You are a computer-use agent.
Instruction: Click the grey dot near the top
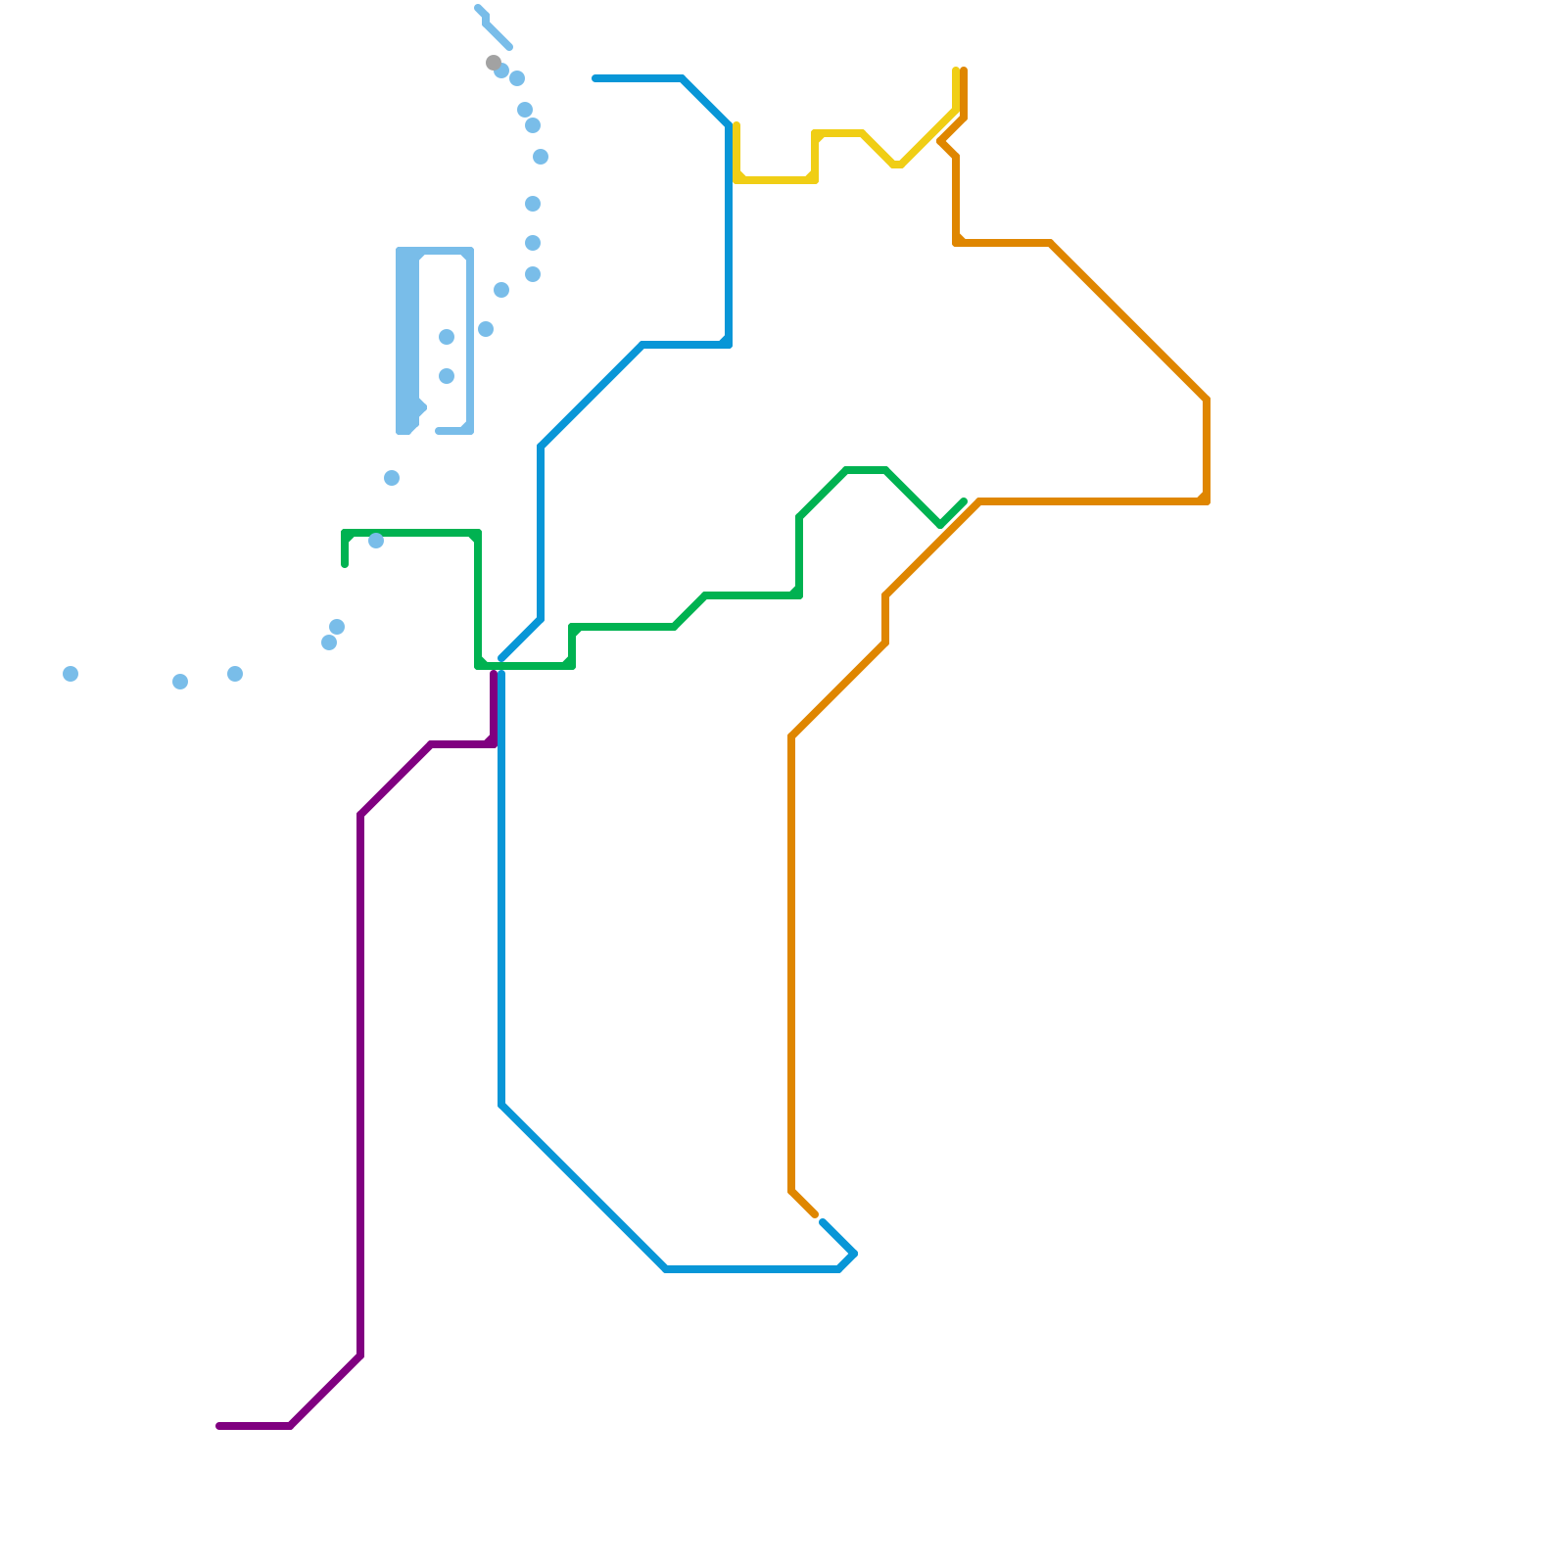(x=493, y=63)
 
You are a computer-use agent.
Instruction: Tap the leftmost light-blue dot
(x=71, y=674)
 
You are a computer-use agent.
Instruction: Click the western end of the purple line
(x=219, y=1426)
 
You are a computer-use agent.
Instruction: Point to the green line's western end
(x=345, y=564)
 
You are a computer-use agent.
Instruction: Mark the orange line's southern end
(x=815, y=1214)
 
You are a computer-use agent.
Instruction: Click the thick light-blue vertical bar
(x=407, y=341)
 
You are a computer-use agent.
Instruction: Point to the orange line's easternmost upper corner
(x=1207, y=400)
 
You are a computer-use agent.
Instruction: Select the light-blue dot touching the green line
(x=376, y=541)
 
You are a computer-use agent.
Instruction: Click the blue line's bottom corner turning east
(x=666, y=1269)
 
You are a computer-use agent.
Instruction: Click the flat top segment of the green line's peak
(x=866, y=470)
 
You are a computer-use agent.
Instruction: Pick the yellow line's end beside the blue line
(x=736, y=125)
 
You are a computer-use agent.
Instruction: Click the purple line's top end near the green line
(x=494, y=674)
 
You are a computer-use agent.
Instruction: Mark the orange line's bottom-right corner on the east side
(x=1207, y=501)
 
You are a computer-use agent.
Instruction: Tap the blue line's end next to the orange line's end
(x=823, y=1222)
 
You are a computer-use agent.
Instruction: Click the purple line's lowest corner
(x=292, y=1426)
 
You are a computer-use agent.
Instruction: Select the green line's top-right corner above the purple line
(x=478, y=533)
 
